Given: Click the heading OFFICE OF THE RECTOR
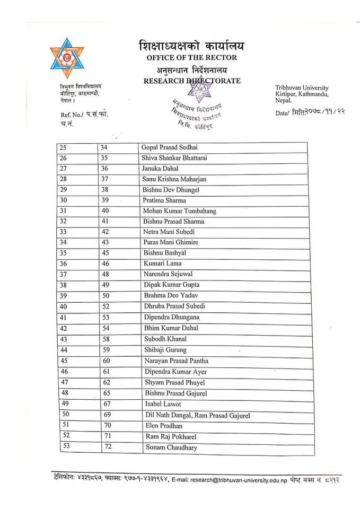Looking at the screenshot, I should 191,57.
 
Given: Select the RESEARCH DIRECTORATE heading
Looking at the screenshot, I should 191,81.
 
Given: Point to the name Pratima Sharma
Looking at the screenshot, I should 164,200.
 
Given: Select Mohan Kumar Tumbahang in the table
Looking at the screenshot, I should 180,211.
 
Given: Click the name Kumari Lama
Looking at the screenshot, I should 162,264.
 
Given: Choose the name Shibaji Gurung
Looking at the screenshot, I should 165,350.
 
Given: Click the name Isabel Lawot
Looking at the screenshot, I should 163,404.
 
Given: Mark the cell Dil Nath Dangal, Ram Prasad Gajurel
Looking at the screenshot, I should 197,415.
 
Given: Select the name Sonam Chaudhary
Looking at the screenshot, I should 171,447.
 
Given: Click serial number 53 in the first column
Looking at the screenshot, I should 66,446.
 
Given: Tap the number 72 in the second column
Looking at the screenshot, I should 106,447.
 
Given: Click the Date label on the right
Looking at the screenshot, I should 283,113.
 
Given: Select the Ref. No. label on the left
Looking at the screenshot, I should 69,115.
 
